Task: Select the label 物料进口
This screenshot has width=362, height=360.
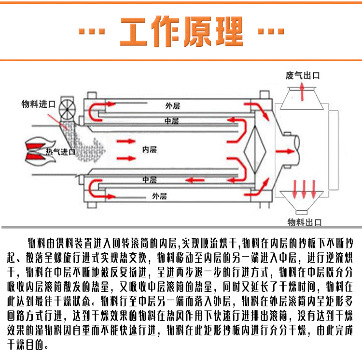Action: point(39,103)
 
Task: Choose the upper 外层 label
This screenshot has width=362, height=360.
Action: point(172,105)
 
